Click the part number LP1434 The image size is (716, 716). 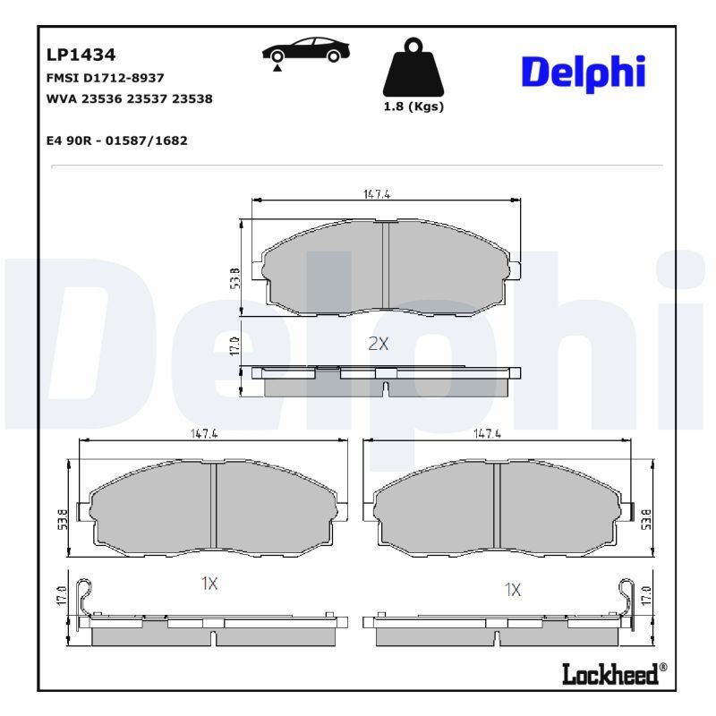(x=81, y=55)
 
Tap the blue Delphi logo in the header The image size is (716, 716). (x=583, y=72)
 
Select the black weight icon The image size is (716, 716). (x=413, y=68)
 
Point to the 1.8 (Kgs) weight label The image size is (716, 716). (x=413, y=107)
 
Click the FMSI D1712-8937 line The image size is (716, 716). (x=105, y=78)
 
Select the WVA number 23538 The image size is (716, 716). (x=193, y=98)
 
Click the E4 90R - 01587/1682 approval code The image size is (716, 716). (x=116, y=141)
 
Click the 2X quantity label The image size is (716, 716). (x=379, y=344)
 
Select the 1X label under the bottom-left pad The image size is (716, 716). (x=209, y=584)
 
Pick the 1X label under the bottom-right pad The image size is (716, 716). (x=512, y=590)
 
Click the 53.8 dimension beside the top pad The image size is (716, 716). (x=234, y=277)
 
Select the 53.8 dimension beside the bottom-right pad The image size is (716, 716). (x=644, y=517)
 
